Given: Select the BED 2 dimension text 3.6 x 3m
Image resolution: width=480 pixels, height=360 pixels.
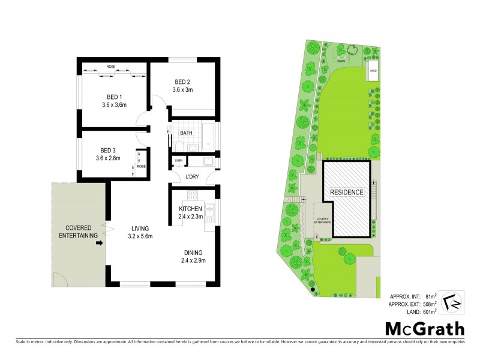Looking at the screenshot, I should [x=182, y=90].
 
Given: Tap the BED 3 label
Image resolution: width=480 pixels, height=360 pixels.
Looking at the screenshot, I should [x=108, y=150].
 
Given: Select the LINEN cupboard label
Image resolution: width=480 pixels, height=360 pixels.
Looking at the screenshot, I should [x=178, y=161].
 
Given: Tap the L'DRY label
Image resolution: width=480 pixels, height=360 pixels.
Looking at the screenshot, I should [x=192, y=176].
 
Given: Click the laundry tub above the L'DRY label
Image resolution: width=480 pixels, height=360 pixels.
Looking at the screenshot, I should [x=207, y=161].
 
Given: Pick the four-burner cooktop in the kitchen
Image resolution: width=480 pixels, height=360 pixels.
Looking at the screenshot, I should [x=194, y=195].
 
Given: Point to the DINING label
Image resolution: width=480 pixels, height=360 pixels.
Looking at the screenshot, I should [x=193, y=253].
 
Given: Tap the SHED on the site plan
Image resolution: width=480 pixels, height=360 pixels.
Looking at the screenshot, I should [x=373, y=70].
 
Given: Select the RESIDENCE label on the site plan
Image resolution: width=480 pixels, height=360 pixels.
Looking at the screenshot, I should [x=347, y=192].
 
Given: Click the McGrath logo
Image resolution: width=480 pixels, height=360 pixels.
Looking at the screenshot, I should [x=424, y=329].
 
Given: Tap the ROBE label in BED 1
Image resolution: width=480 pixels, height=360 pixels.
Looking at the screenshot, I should [x=111, y=67].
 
